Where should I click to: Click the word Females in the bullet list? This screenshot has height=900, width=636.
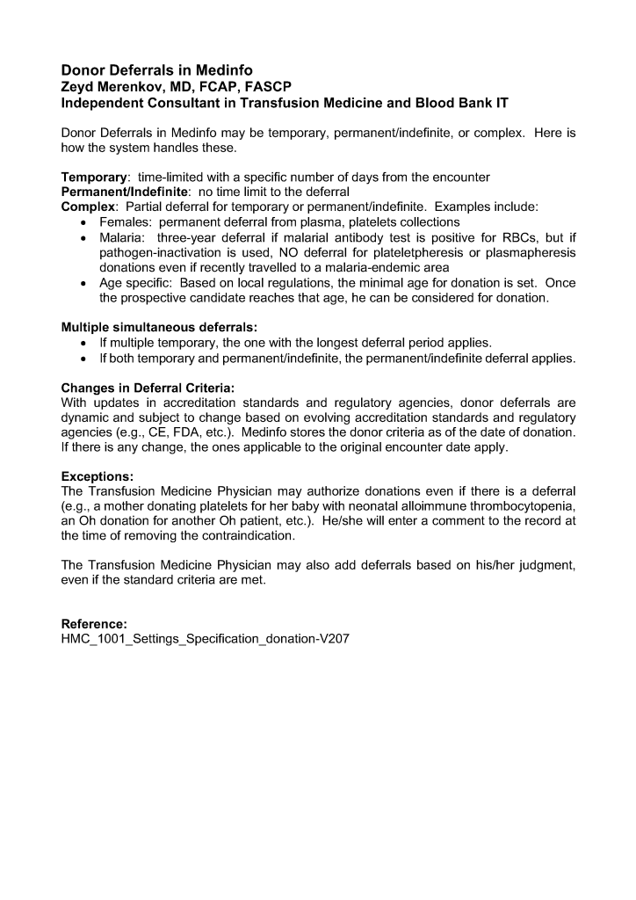point(124,222)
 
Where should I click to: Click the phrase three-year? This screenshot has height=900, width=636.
point(187,237)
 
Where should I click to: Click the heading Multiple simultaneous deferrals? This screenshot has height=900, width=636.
point(158,328)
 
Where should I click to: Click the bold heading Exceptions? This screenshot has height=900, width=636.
point(97,478)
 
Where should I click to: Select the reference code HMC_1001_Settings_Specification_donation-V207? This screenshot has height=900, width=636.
point(205,639)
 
